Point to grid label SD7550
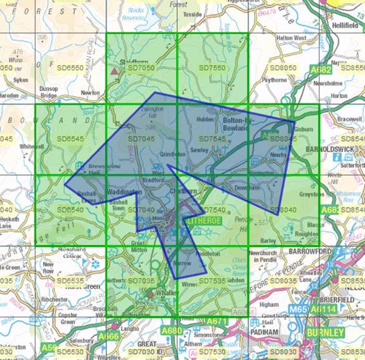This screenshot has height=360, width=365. click(x=213, y=68)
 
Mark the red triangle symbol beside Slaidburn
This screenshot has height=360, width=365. click(x=114, y=68)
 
